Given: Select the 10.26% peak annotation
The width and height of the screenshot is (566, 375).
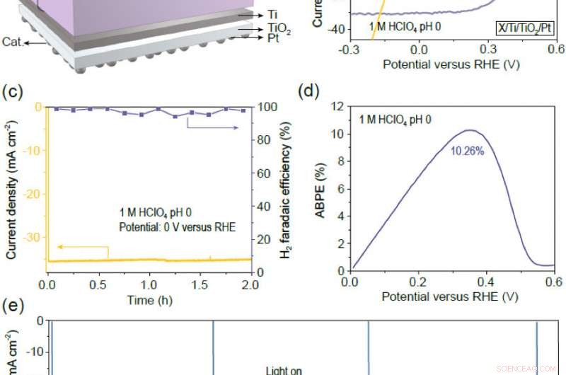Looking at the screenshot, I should click(x=467, y=151).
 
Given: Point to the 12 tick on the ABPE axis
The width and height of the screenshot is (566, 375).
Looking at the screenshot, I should click(x=338, y=107).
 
